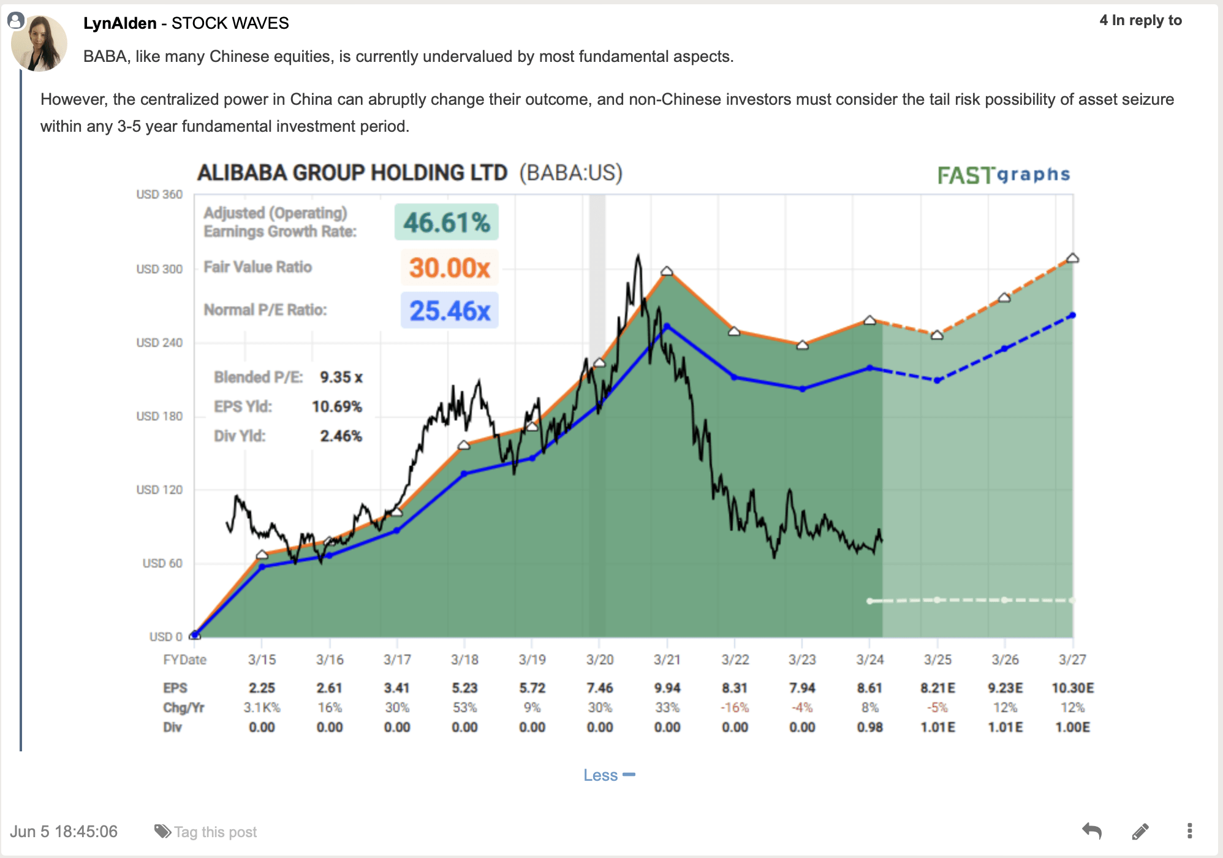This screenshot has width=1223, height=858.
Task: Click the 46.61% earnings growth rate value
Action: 447,222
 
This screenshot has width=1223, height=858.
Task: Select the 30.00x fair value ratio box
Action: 449,268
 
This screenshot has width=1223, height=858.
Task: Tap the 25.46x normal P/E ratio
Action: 450,311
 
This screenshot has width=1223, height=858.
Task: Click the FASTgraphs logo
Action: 1004,175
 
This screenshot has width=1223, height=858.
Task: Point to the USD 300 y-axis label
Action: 159,269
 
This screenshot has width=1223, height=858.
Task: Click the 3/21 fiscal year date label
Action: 667,660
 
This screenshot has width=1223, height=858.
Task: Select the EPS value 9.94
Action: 667,688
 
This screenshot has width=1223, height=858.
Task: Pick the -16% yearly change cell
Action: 734,708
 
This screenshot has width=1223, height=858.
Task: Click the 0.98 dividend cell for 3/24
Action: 869,727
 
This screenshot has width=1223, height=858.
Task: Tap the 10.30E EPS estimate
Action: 1072,688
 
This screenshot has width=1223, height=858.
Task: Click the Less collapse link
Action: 608,775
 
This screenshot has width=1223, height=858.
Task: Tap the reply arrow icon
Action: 1092,831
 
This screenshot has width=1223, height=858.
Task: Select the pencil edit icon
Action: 1140,831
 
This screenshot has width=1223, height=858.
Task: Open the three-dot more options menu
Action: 1189,831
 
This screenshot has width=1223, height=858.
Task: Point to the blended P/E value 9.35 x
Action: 341,378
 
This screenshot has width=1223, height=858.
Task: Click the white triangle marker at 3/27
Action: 1072,259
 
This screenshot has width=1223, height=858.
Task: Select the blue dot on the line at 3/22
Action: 734,378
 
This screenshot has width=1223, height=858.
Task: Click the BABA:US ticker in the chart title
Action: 570,173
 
